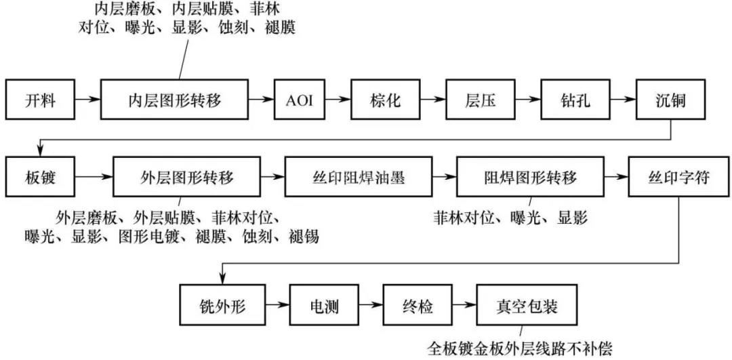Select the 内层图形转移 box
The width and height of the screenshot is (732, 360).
[175, 101]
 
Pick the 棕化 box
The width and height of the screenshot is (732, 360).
[386, 101]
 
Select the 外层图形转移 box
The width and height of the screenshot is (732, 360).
[186, 178]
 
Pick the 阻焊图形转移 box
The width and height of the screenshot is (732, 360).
[530, 178]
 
